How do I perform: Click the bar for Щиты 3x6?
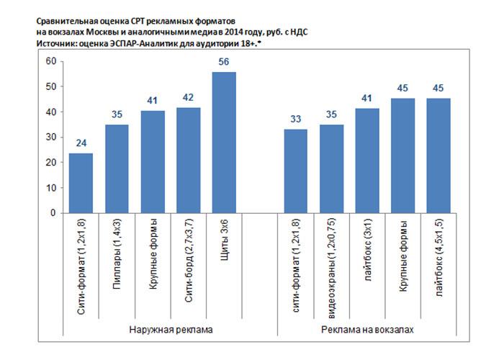pos(224,143)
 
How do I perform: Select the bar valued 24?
pos(81,183)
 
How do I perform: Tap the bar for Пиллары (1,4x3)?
pos(117,168)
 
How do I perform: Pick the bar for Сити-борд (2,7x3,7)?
pos(188,160)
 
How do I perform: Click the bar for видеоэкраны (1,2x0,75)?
pos(332,168)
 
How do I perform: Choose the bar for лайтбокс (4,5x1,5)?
pos(438,156)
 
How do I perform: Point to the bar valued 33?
pos(297,171)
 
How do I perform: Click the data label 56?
pos(224,61)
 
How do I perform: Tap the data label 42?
pos(188,98)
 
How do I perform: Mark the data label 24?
pos(81,143)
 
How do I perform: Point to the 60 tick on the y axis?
pos(50,61)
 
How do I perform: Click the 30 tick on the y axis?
pos(50,138)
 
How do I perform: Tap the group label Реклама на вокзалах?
pos(368,329)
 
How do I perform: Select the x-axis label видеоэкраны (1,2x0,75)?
pos(332,266)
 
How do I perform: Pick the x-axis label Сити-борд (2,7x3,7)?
pos(188,267)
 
